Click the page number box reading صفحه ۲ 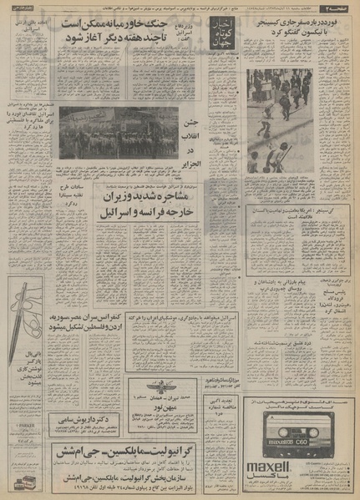(x=345, y=7)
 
